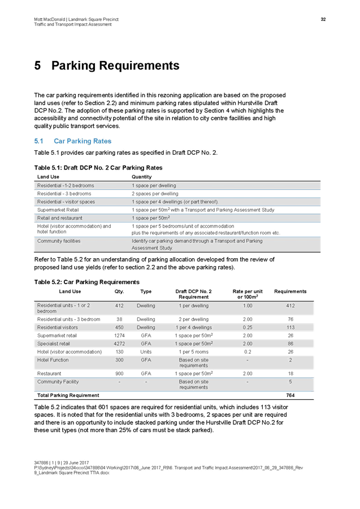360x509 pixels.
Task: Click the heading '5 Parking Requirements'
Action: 107,66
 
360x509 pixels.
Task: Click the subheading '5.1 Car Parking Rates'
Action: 72,141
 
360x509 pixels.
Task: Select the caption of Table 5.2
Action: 86,281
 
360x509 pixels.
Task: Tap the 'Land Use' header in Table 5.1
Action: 48,177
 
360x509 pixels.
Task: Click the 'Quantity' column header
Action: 141,177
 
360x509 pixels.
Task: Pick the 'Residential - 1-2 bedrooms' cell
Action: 66,185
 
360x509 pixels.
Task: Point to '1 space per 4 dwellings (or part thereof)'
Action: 175,202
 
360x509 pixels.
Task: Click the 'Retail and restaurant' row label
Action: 60,217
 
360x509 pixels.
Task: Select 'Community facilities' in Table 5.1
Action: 59,241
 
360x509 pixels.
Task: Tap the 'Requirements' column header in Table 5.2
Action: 290,292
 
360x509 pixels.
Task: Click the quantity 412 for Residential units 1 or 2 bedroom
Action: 119,306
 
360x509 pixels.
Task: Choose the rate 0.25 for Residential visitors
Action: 248,327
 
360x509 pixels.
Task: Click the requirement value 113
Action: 290,327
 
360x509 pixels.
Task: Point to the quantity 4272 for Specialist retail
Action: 119,343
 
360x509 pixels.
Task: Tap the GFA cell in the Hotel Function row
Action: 146,359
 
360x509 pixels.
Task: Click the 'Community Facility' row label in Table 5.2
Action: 58,382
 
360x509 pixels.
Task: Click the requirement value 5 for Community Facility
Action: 290,382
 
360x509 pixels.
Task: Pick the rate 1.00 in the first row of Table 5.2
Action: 248,306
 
